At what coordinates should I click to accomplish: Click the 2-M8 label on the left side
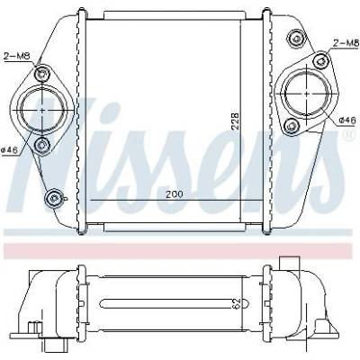17,56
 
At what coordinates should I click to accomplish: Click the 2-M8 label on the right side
346,43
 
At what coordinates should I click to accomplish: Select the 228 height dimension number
236,121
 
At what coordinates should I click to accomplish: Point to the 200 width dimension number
175,193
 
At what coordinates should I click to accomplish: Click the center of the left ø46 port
42,111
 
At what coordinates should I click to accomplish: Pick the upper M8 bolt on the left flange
41,73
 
